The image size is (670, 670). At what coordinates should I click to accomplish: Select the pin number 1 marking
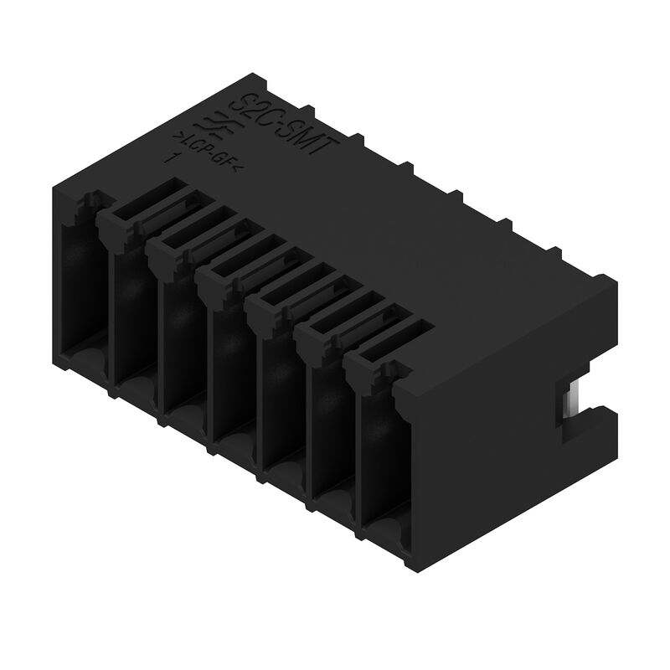pos(174,157)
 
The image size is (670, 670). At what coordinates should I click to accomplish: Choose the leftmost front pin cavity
pos(82,276)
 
